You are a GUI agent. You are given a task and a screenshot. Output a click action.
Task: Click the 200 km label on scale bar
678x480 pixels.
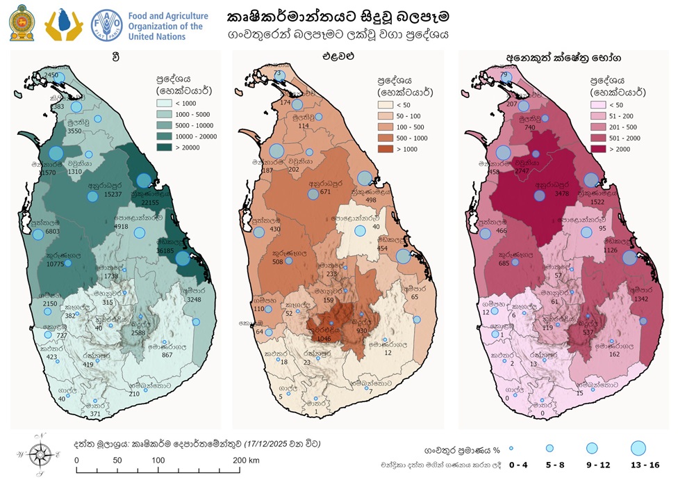[x=246, y=461]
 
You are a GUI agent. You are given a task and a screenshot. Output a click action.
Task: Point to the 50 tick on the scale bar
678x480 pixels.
[x=117, y=461]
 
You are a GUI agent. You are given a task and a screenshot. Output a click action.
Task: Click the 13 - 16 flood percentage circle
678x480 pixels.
[x=638, y=448]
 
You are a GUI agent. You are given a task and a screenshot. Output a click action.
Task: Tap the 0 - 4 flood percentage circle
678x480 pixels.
[x=511, y=448]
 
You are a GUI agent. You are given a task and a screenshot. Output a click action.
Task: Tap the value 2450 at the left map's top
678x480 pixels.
[x=51, y=74]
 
